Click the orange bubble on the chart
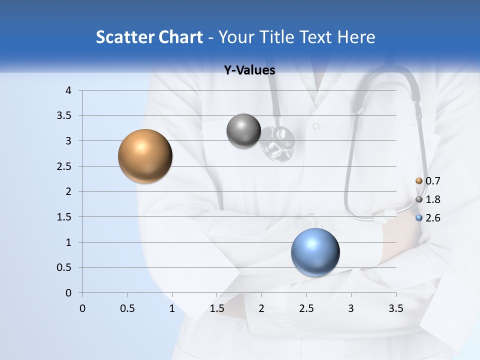(x=145, y=156)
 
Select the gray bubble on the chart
(x=243, y=131)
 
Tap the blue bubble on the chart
(x=315, y=252)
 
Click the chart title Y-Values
(x=249, y=70)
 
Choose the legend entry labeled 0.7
(x=428, y=181)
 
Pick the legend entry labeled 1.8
(x=428, y=199)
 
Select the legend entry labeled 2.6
(x=428, y=218)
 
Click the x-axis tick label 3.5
(x=395, y=308)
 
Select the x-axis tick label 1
(x=172, y=308)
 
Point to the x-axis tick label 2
(x=261, y=308)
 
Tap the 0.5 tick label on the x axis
(x=127, y=308)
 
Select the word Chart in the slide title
(x=180, y=37)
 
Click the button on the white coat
(x=316, y=126)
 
